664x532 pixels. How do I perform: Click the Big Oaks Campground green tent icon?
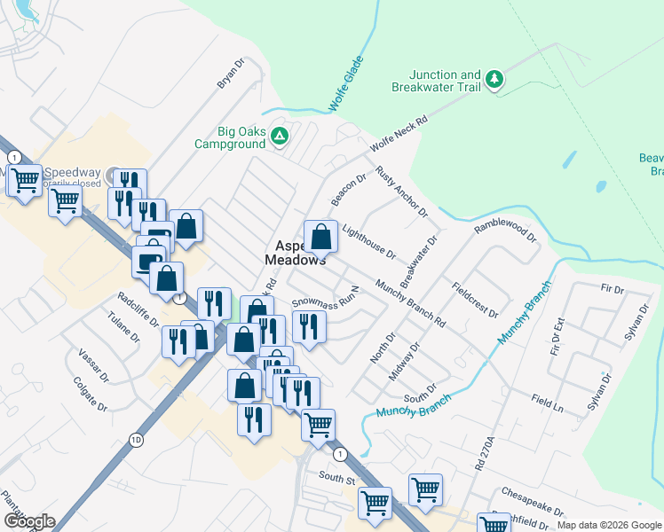coord(280,137)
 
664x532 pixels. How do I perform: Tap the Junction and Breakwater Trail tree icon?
coord(494,82)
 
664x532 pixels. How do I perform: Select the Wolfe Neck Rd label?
coord(399,131)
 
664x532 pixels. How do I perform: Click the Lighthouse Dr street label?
coord(368,240)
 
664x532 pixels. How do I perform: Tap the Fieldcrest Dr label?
coord(475,301)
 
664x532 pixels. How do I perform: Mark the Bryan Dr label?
coord(231,74)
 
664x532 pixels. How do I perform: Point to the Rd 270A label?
coord(483,450)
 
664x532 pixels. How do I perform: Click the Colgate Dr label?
coord(90,397)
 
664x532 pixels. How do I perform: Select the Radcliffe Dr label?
coord(137,308)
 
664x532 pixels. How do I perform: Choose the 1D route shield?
coord(136,439)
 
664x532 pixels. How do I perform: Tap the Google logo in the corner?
coord(28,520)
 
